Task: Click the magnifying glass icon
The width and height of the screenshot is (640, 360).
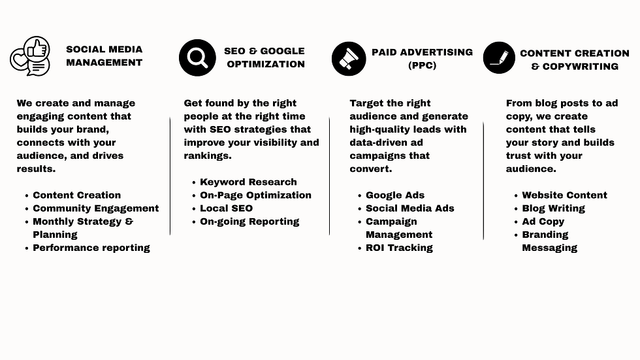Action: (197, 57)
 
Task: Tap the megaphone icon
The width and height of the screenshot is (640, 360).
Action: (349, 59)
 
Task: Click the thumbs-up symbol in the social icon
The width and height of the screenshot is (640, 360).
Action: (37, 48)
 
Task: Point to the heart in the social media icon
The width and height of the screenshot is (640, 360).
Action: (19, 60)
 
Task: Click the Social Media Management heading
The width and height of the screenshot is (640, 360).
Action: (104, 56)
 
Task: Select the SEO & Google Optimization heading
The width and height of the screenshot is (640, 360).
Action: (265, 57)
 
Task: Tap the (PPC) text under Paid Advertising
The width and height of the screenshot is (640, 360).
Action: (422, 65)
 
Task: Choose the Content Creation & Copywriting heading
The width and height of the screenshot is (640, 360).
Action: (575, 59)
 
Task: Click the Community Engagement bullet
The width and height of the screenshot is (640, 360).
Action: (96, 208)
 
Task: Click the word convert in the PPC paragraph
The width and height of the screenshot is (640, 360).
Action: (371, 169)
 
